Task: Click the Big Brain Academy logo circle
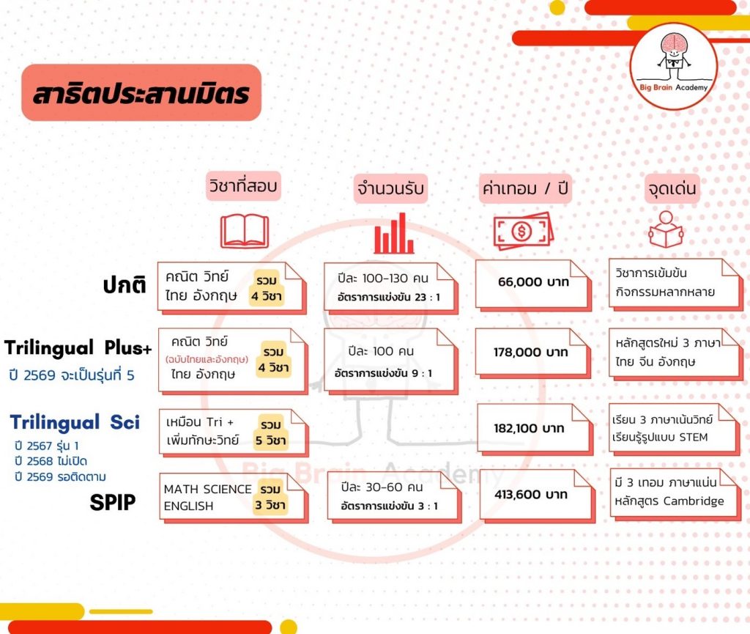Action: click(x=673, y=67)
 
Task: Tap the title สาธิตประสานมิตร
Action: click(x=141, y=93)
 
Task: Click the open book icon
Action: click(x=245, y=231)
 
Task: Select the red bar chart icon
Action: click(x=393, y=233)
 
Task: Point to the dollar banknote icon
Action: click(x=523, y=231)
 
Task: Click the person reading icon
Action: click(x=666, y=229)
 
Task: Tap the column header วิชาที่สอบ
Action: click(x=243, y=185)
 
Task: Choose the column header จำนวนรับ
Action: click(x=390, y=188)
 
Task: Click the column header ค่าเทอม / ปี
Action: click(x=525, y=188)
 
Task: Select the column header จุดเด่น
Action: click(x=672, y=188)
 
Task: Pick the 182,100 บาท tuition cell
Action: click(x=535, y=430)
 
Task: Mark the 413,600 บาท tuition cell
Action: click(x=537, y=495)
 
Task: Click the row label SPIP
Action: click(x=112, y=502)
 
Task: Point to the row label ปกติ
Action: click(x=125, y=284)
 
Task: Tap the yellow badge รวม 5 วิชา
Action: click(x=271, y=432)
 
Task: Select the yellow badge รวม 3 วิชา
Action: click(x=270, y=497)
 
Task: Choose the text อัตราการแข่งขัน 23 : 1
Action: click(x=388, y=297)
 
